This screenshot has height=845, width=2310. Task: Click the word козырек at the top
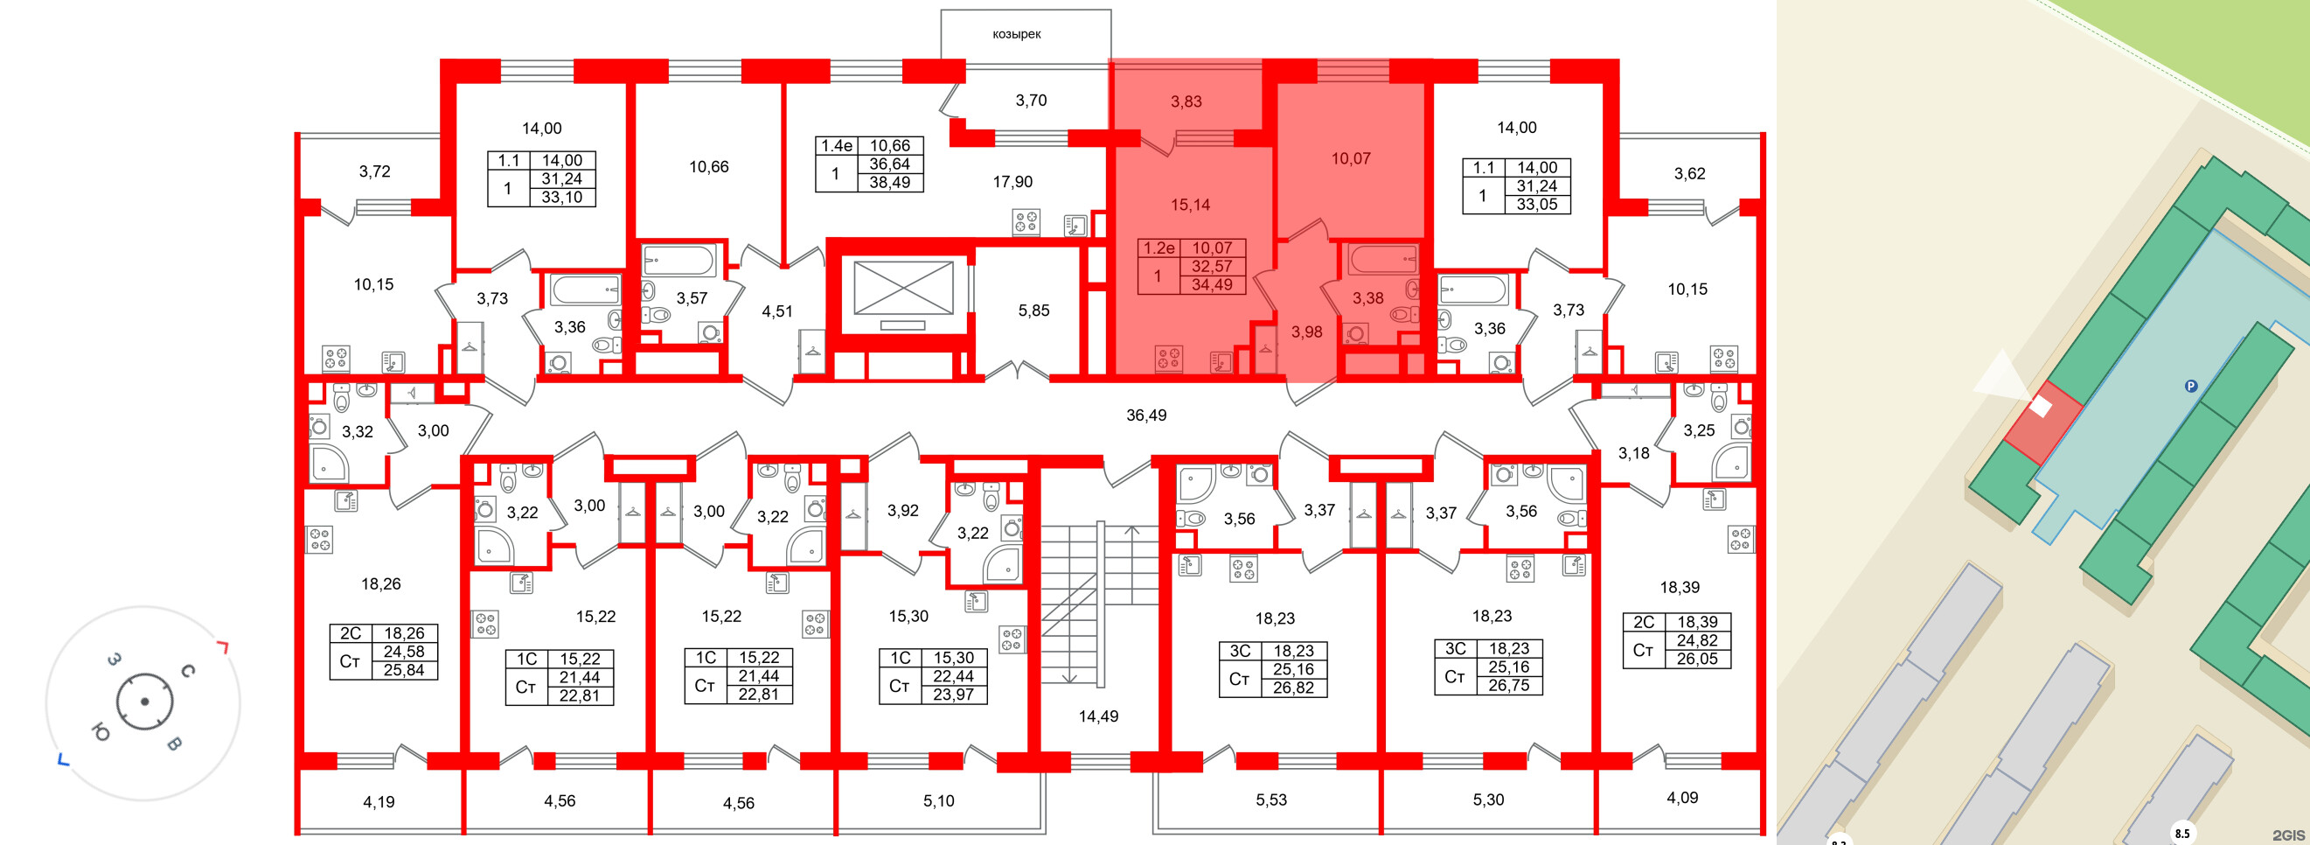pyautogui.click(x=1016, y=34)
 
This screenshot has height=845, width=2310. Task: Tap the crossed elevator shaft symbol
pyautogui.click(x=903, y=288)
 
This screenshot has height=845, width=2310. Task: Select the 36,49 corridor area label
pyautogui.click(x=1146, y=416)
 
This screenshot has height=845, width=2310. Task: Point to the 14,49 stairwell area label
pyautogui.click(x=1097, y=716)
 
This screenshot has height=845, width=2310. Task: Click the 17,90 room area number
pyautogui.click(x=1012, y=182)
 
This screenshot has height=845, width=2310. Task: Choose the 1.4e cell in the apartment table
pyautogui.click(x=837, y=145)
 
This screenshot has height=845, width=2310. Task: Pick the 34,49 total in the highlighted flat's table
pyautogui.click(x=1212, y=285)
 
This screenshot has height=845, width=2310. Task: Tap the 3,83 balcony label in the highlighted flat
pyautogui.click(x=1186, y=102)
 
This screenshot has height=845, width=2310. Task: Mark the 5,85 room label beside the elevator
pyautogui.click(x=1033, y=311)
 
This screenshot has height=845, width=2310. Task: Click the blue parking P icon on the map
pyautogui.click(x=2191, y=387)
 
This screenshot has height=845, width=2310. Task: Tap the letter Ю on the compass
pyautogui.click(x=101, y=733)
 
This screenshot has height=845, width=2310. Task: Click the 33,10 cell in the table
pyautogui.click(x=561, y=198)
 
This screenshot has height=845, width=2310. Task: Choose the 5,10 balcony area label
pyautogui.click(x=938, y=801)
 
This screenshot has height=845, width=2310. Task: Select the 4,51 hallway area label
pyautogui.click(x=776, y=311)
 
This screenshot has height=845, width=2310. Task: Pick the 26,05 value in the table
pyautogui.click(x=1696, y=659)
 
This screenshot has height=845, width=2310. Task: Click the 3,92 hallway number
pyautogui.click(x=902, y=510)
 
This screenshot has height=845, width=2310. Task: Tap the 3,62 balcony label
pyautogui.click(x=1689, y=174)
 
